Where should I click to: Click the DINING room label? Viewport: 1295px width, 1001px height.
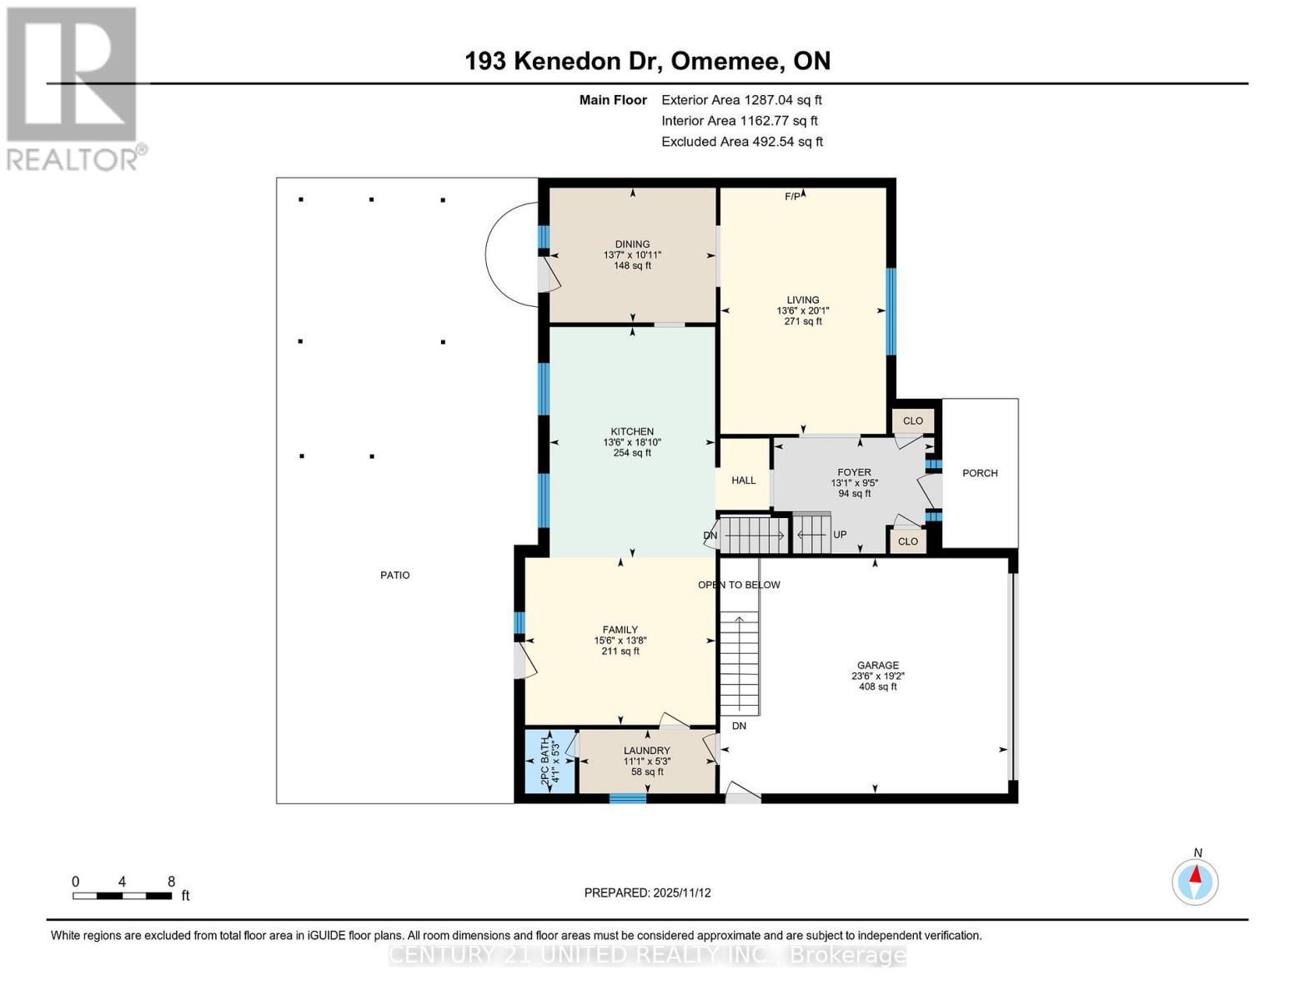tap(632, 244)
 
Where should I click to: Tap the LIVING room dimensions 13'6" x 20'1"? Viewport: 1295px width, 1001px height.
tap(802, 310)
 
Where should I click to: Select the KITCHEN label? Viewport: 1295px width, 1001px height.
tap(632, 431)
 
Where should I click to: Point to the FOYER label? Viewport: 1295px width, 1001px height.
tap(854, 472)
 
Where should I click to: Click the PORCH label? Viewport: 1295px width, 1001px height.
tap(980, 473)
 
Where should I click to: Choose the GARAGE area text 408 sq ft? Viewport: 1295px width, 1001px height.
tap(877, 687)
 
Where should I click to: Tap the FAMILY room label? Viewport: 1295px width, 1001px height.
tap(620, 630)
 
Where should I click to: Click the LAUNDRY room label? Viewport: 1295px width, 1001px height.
tap(646, 751)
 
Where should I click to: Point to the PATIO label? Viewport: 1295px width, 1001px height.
tap(394, 575)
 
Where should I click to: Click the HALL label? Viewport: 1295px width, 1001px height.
tap(743, 480)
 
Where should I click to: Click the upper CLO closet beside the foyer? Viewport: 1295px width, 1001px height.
tap(913, 420)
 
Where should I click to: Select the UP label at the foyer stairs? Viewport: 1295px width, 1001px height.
tap(840, 535)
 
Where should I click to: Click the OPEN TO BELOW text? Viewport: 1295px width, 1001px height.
tap(739, 585)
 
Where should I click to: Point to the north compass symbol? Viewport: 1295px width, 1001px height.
tap(1195, 881)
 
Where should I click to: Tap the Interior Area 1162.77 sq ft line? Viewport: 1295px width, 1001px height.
tap(739, 120)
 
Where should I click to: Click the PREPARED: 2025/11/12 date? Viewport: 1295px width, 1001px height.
tap(647, 893)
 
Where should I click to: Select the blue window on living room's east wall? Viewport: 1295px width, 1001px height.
tap(891, 311)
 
